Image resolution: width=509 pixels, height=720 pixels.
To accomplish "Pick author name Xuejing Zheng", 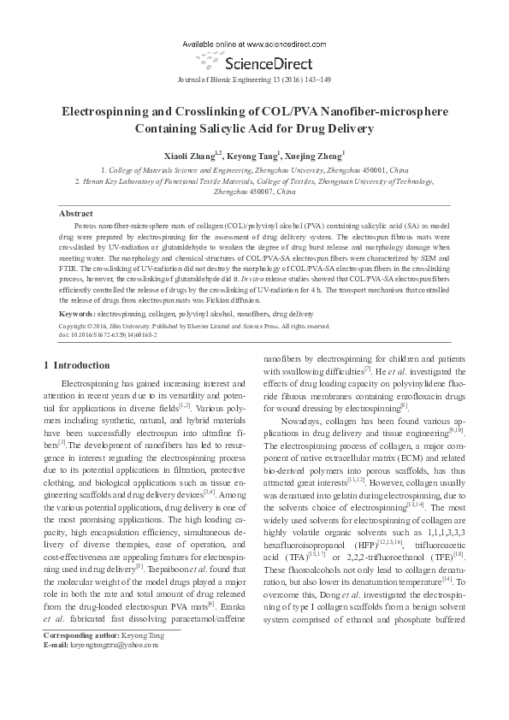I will [x=313, y=156].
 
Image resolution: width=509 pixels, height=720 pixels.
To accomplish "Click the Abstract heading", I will [x=75, y=212].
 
